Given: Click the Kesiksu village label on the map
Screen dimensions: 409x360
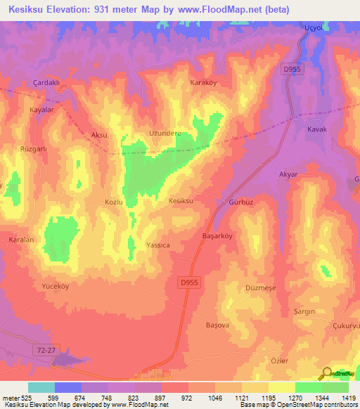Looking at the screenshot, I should point(181,201).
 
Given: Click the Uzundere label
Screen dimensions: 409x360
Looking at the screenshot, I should point(165,133).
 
